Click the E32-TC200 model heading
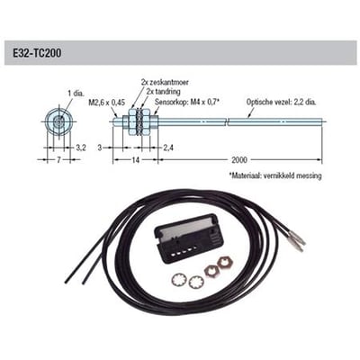click(x=37, y=53)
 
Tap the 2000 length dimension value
click(x=239, y=160)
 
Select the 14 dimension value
click(x=136, y=160)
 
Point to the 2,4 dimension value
click(x=168, y=148)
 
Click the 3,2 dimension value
click(x=80, y=148)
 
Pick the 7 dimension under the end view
click(x=58, y=160)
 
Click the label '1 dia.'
click(x=76, y=94)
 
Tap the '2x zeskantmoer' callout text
click(x=165, y=82)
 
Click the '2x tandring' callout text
click(x=164, y=92)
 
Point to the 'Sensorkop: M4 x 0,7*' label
click(x=185, y=103)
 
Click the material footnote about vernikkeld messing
click(x=275, y=175)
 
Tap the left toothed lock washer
click(x=179, y=281)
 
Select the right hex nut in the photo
click(x=224, y=263)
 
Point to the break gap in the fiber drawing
click(x=227, y=121)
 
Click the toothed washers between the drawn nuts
click(x=139, y=121)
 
